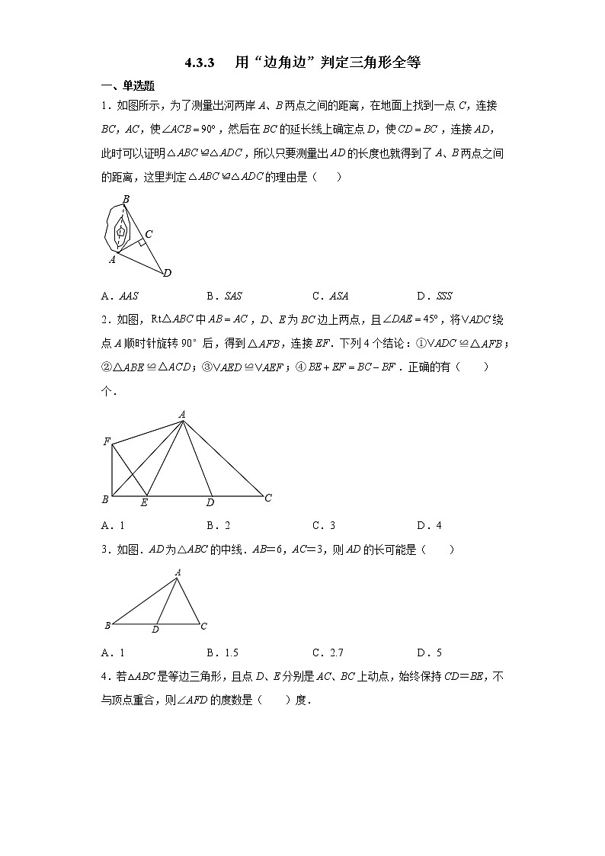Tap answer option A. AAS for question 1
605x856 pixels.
click(x=119, y=296)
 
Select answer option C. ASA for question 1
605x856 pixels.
click(x=330, y=296)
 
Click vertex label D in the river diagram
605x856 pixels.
click(x=167, y=273)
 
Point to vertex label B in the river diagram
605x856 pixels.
click(x=126, y=199)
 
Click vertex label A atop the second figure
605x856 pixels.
click(x=182, y=414)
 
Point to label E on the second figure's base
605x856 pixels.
click(x=144, y=502)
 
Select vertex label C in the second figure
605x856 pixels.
click(x=267, y=499)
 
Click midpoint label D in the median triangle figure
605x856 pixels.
click(x=155, y=630)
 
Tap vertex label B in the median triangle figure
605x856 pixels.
click(x=107, y=626)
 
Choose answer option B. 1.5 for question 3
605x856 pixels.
click(x=222, y=652)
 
